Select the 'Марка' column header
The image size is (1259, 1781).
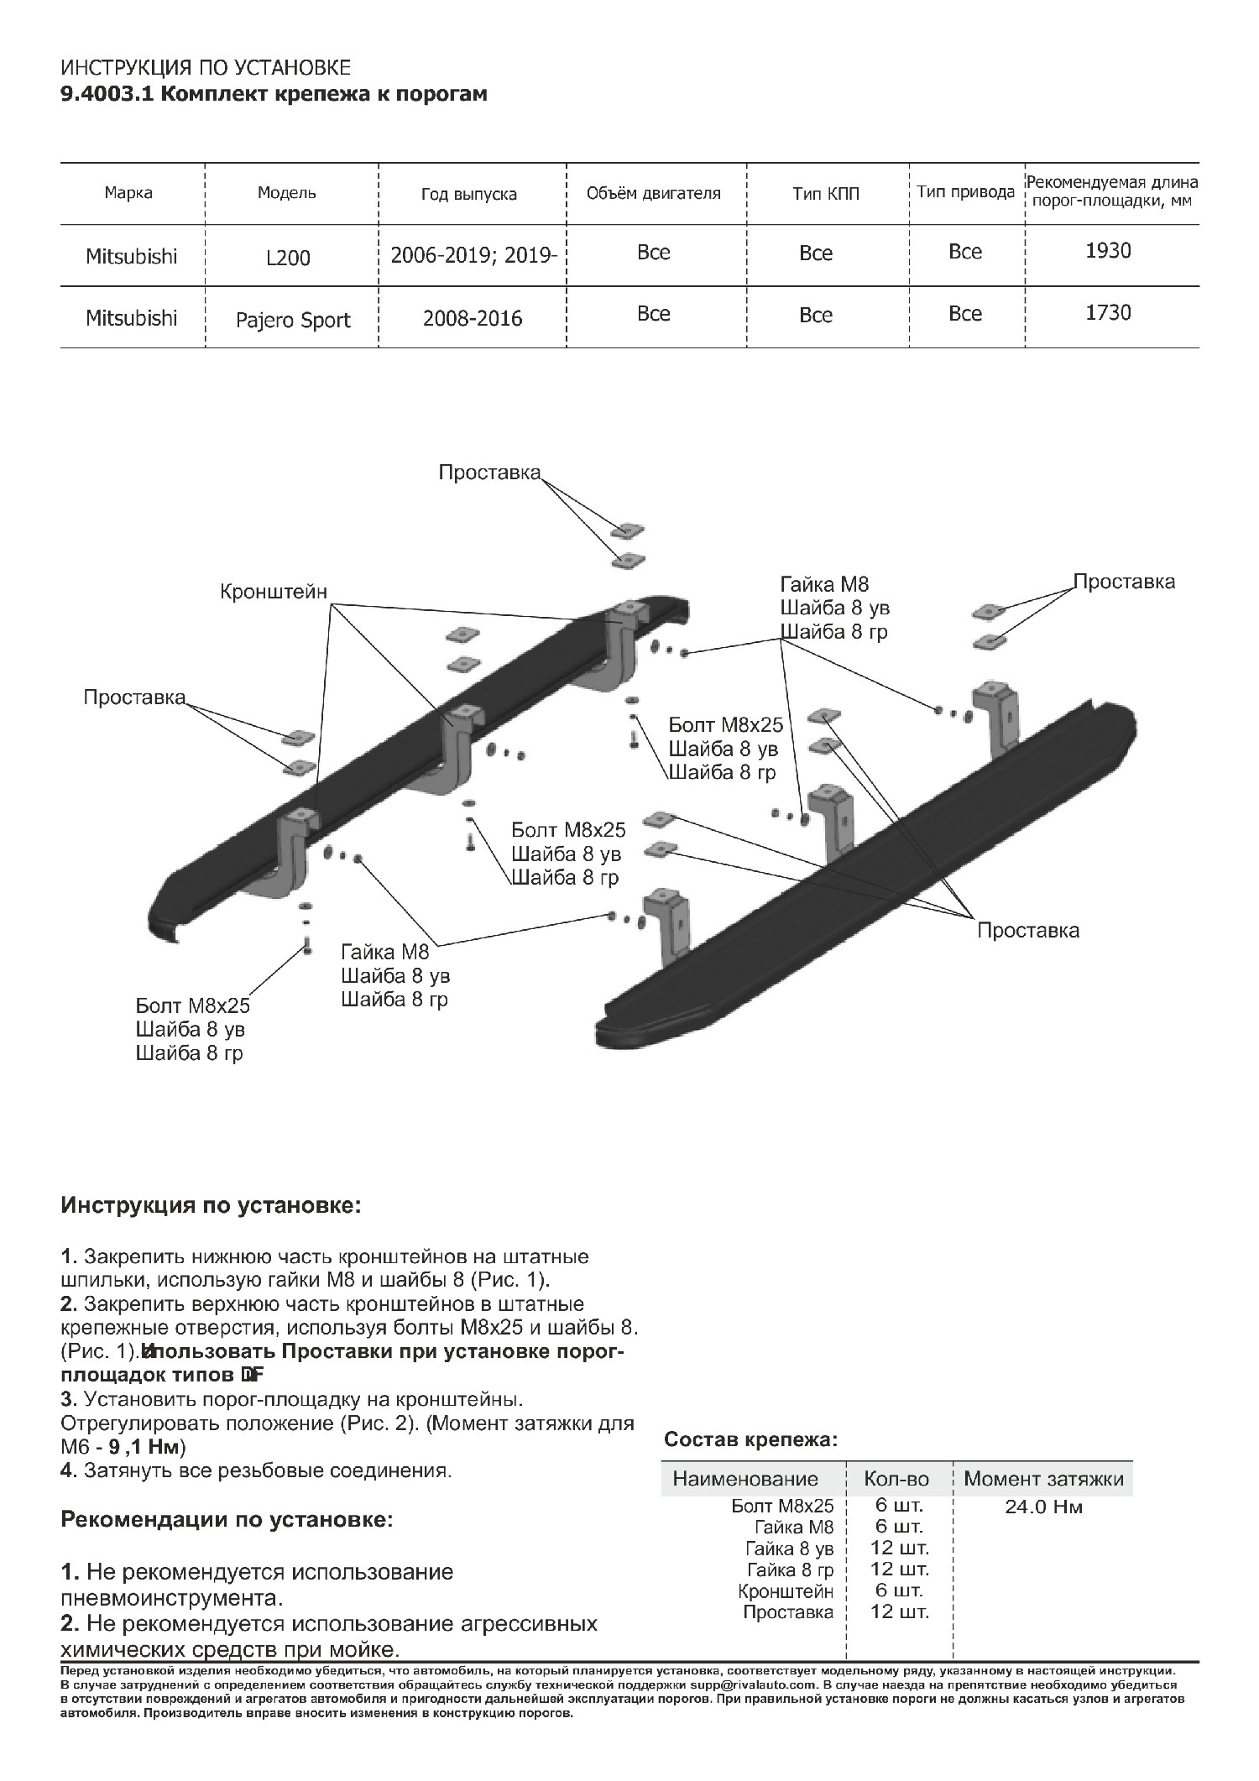point(128,193)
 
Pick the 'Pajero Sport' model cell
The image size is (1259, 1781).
point(293,320)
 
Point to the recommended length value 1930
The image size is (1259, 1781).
point(1108,251)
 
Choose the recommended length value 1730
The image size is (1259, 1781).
point(1108,313)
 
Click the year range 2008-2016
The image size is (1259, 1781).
point(473,319)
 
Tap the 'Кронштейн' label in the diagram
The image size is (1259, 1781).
point(273,592)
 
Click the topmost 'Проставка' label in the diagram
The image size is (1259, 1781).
point(489,473)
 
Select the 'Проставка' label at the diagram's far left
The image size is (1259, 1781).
point(134,697)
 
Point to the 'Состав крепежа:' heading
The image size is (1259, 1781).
point(750,1440)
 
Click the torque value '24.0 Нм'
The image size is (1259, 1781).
point(1043,1507)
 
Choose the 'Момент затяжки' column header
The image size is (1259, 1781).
point(1043,1479)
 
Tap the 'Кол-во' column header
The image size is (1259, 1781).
point(896,1479)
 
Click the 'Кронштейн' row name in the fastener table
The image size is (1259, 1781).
point(786,1590)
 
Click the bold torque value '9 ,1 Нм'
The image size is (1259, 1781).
point(147,1447)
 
